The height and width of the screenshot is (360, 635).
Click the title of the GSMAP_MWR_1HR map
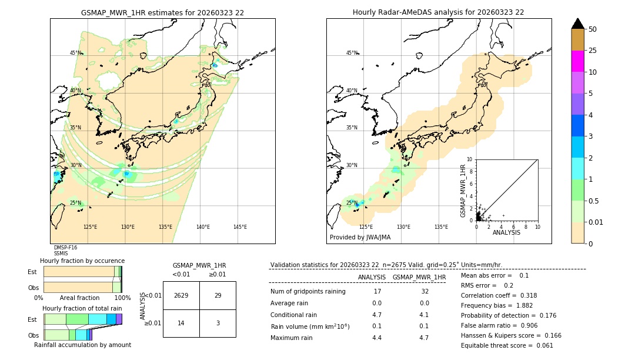coord(162,12)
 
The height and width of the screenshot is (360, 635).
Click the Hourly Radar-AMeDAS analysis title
coord(438,12)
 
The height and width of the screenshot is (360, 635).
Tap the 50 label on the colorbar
coord(593,29)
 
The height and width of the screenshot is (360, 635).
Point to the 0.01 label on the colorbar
coord(596,222)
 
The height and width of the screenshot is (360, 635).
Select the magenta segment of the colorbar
coord(578,61)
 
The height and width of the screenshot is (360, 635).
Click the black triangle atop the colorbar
coord(578,24)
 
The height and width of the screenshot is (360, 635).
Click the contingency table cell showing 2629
coord(181,295)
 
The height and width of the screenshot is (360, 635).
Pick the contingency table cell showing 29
coord(218,295)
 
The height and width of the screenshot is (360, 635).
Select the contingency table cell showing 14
coord(181,324)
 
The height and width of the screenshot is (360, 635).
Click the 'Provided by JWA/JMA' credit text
coord(360,238)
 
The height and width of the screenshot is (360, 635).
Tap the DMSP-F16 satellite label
coord(65,248)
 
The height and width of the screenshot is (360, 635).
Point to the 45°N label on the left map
coord(75,53)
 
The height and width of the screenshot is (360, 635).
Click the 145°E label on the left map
coord(240,227)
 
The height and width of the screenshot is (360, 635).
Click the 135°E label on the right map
coord(441,227)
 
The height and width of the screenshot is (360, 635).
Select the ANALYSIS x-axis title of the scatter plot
coord(506,232)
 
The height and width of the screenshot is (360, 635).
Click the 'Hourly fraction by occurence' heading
coord(82,261)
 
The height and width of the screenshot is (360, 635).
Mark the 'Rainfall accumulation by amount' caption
coord(82,345)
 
